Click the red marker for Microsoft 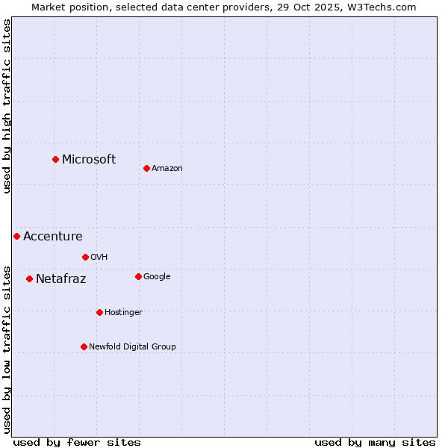(55, 159)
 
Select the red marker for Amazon (146, 168)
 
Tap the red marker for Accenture (16, 236)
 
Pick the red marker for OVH (85, 257)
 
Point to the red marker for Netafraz (29, 279)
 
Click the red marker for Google (138, 276)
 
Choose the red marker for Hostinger (99, 312)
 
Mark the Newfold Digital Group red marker (84, 346)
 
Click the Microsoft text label (89, 159)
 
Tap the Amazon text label (167, 169)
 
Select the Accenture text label (53, 237)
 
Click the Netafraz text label (61, 279)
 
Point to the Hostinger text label (123, 313)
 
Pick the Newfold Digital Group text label (132, 347)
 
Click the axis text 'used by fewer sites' (77, 442)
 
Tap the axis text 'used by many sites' (375, 442)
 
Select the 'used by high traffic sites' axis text (7, 106)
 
